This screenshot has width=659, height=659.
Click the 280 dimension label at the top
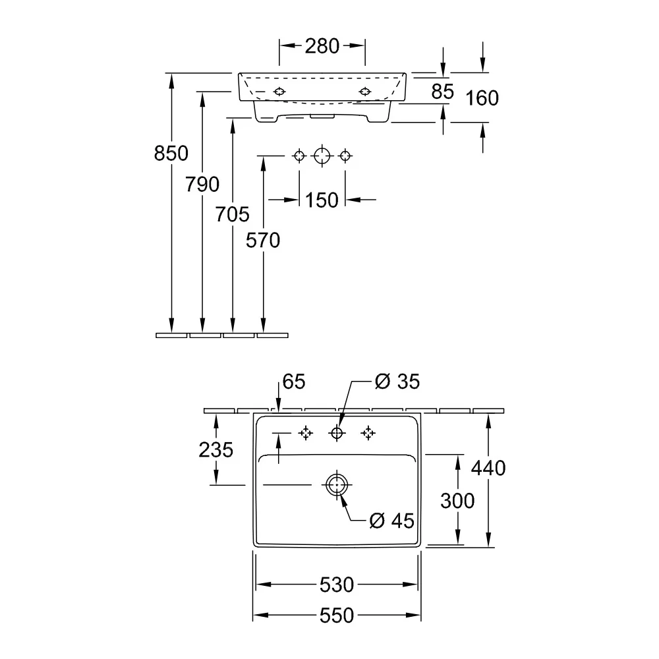pyautogui.click(x=322, y=46)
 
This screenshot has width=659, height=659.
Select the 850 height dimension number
pyautogui.click(x=171, y=153)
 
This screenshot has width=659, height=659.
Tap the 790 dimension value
pyautogui.click(x=202, y=184)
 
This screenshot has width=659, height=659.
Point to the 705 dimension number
pyautogui.click(x=233, y=214)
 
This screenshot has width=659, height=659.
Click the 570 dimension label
pyautogui.click(x=263, y=241)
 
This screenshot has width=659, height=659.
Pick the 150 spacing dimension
pyautogui.click(x=322, y=200)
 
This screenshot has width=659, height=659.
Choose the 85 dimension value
pyautogui.click(x=443, y=92)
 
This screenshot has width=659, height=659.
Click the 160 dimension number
pyautogui.click(x=482, y=98)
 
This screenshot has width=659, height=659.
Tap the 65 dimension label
pyautogui.click(x=294, y=382)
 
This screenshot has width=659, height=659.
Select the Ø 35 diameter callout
pyautogui.click(x=397, y=382)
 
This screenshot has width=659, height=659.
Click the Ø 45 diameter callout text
pyautogui.click(x=391, y=521)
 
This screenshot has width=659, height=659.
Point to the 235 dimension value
pyautogui.click(x=215, y=450)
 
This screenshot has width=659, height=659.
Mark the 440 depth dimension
pyautogui.click(x=488, y=468)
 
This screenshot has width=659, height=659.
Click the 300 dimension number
pyautogui.click(x=457, y=501)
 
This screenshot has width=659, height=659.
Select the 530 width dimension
pyautogui.click(x=337, y=585)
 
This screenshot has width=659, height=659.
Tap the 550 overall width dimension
pyautogui.click(x=337, y=616)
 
